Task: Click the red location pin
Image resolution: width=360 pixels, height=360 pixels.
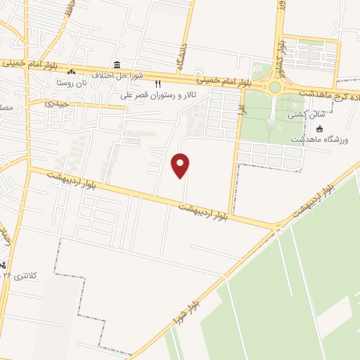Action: point(181,165)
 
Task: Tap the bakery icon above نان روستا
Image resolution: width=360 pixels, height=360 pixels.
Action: point(70,72)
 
